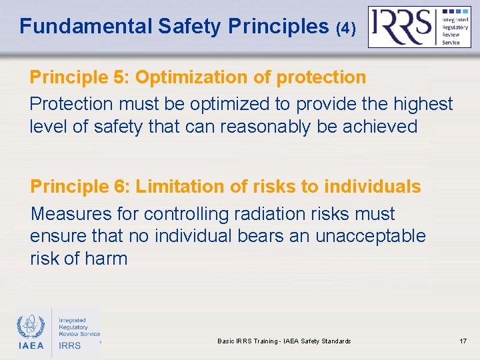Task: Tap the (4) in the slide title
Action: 346,28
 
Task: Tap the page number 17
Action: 463,341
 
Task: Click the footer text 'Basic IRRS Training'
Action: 246,341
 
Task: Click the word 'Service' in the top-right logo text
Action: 451,43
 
